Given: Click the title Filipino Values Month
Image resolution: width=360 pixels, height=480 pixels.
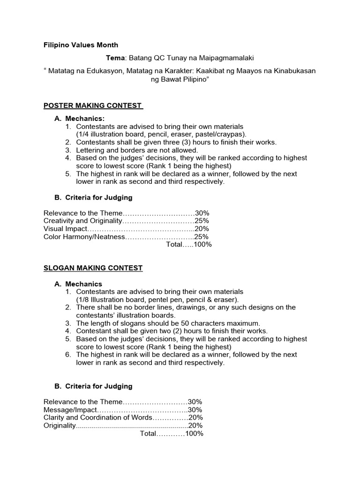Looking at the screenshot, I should tap(81, 45).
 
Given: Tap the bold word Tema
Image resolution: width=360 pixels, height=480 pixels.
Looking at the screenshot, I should tap(116, 58).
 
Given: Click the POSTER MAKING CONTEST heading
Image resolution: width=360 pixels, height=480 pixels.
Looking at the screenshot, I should tap(92, 105).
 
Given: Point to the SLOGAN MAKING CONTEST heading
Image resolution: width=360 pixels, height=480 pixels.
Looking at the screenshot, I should tap(93, 268).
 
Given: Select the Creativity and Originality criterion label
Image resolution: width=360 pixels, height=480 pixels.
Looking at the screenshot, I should tap(82, 221).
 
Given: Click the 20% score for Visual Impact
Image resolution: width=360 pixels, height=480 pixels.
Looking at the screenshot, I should tap(202, 229).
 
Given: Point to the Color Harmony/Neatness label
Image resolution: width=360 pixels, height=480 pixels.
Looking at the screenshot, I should tap(84, 237).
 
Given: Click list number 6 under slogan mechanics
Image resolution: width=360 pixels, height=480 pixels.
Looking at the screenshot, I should tap(68, 355).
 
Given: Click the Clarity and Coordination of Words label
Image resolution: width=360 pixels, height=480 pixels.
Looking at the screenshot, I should tap(97, 418).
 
